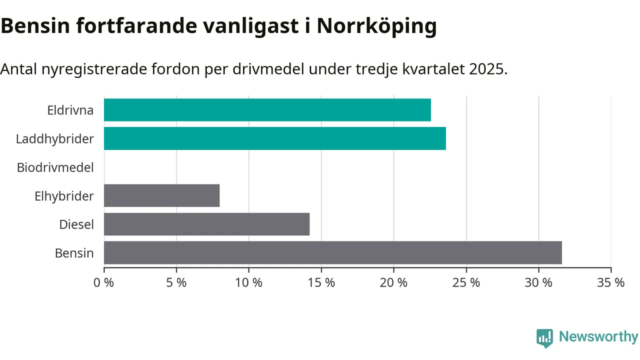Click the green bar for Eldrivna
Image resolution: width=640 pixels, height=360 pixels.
267,110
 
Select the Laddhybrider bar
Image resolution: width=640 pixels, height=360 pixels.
275,138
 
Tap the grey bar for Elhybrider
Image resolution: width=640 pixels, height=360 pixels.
161,195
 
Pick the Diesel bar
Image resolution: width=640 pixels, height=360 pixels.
206,224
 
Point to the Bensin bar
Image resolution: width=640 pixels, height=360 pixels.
333,252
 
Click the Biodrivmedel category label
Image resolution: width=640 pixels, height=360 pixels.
55,167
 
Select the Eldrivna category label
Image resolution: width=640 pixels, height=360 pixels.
70,110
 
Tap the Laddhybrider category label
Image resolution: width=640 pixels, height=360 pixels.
54,138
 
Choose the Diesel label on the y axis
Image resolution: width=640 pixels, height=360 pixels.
76,224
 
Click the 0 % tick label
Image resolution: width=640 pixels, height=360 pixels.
104,282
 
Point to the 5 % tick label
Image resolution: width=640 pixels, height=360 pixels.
176,282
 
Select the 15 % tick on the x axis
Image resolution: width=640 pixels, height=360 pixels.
321,282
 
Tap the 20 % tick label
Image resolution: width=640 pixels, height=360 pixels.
393,282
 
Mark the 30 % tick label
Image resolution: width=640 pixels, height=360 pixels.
538,282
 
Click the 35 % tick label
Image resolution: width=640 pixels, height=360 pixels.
611,282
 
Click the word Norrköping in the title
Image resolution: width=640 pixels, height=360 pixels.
376,26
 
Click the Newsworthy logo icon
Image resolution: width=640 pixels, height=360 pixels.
544,338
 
